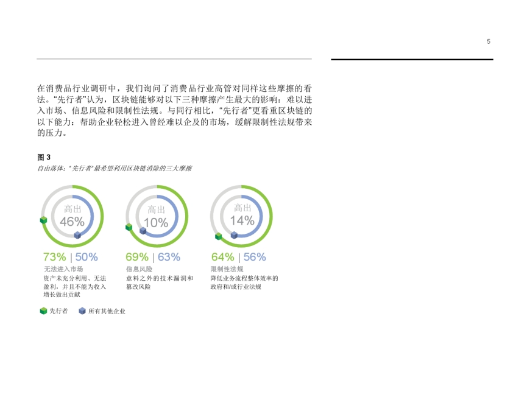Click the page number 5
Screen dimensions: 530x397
pyautogui.click(x=489, y=41)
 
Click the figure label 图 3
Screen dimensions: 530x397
pyautogui.click(x=44, y=157)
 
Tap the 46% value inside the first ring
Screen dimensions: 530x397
pyautogui.click(x=72, y=222)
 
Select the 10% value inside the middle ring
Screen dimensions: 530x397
pyautogui.click(x=156, y=223)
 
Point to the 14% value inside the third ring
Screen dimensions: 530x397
pyautogui.click(x=242, y=220)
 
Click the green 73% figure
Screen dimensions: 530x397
pyautogui.click(x=54, y=257)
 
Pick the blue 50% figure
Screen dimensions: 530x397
pyautogui.click(x=87, y=257)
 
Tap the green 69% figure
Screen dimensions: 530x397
pyautogui.click(x=137, y=257)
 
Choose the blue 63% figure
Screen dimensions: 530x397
pyautogui.click(x=169, y=257)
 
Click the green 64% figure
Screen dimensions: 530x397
pyautogui.click(x=223, y=257)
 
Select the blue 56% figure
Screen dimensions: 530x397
pyautogui.click(x=255, y=257)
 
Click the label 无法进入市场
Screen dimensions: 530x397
pyautogui.click(x=63, y=269)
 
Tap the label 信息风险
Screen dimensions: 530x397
pyautogui.click(x=140, y=269)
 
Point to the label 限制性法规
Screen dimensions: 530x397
pyautogui.click(x=227, y=269)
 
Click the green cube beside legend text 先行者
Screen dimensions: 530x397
pyautogui.click(x=43, y=311)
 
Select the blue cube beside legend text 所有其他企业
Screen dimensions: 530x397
pyautogui.click(x=82, y=311)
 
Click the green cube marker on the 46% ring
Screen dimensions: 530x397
pyautogui.click(x=43, y=220)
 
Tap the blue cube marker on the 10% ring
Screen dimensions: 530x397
pyautogui.click(x=143, y=231)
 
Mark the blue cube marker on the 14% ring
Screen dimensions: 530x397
pyautogui.click(x=234, y=235)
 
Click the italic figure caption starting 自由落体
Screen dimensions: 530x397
pyautogui.click(x=115, y=168)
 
